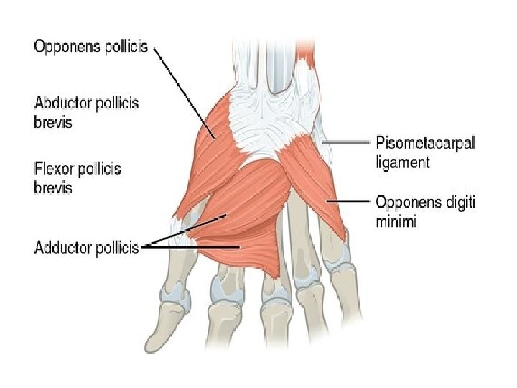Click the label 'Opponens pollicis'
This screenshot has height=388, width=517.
pyautogui.click(x=90, y=47)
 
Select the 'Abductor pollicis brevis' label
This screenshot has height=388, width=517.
pyautogui.click(x=86, y=112)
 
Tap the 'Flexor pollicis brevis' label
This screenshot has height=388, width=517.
pyautogui.click(x=78, y=178)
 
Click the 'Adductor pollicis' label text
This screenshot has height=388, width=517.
pyautogui.click(x=85, y=248)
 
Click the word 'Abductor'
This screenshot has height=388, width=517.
pyautogui.click(x=60, y=103)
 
